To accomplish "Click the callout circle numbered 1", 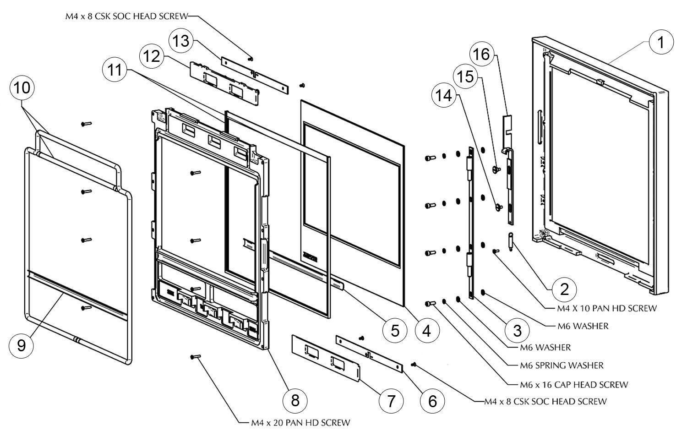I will tap(660, 43).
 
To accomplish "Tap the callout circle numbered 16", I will tap(481, 55).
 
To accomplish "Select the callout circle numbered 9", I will tap(22, 345).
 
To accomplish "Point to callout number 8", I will tap(295, 400).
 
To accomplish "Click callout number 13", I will tap(181, 41).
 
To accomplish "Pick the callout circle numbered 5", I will tap(395, 330).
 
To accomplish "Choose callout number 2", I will tap(564, 289).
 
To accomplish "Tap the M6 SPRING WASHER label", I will tap(562, 366).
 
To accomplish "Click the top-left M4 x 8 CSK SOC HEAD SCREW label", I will tap(126, 16).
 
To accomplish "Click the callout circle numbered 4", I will tap(427, 330).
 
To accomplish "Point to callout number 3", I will tap(518, 330).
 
